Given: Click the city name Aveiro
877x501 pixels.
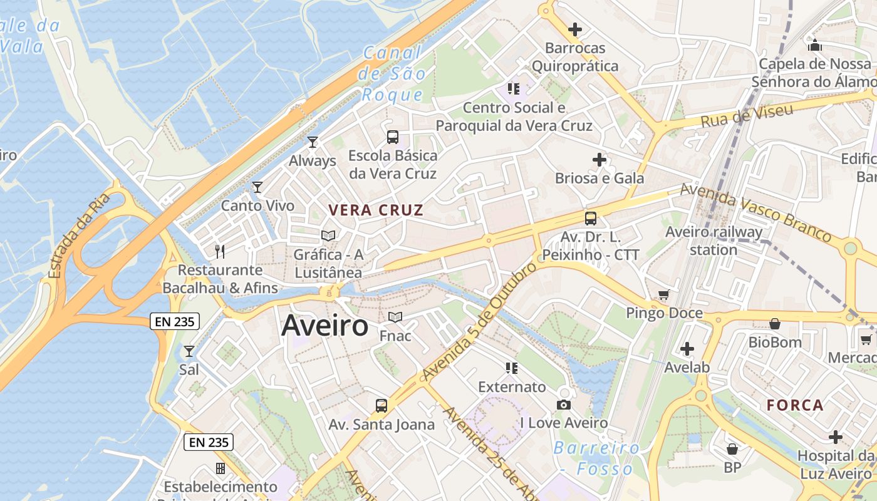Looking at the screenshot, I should (325, 326).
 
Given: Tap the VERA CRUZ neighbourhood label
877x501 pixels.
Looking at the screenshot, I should (376, 210).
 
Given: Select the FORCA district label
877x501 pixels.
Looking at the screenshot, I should (795, 405).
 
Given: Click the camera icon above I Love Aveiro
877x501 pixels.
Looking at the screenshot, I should (564, 405).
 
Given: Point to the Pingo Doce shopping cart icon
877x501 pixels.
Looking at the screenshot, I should (664, 294).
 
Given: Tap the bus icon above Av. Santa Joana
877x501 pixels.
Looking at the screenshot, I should (381, 406).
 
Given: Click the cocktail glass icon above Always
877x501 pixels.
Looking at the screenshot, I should (313, 142).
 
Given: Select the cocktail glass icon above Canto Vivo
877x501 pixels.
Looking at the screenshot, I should (257, 187).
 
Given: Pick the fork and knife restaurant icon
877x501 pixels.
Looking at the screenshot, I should (220, 251).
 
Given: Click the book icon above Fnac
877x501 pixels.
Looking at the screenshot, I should (395, 318).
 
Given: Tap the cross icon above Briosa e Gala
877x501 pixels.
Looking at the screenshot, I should (599, 160).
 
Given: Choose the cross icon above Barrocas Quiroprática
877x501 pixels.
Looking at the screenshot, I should (574, 29).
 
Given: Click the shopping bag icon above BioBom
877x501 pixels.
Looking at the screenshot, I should (775, 324).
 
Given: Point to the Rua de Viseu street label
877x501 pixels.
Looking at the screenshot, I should (747, 115).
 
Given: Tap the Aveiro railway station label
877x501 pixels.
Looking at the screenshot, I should (714, 241).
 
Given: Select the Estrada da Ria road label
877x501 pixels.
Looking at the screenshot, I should (79, 235).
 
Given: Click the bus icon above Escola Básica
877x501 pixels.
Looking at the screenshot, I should (393, 137).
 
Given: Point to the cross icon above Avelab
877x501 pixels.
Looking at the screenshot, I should (687, 349).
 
